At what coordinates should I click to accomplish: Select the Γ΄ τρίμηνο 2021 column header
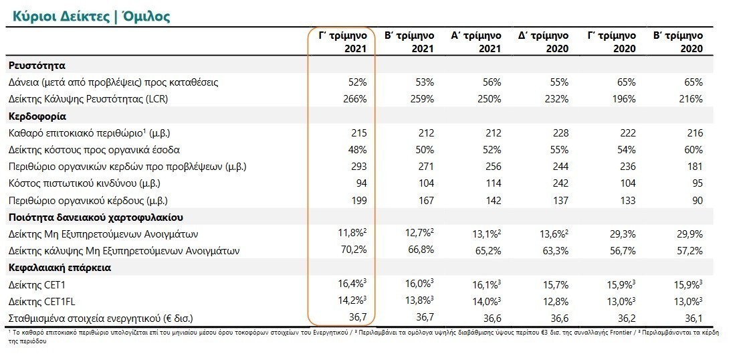pyautogui.click(x=344, y=42)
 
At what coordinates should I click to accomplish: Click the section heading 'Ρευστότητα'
pyautogui.click(x=37, y=66)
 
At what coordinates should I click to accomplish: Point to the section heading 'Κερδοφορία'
pyautogui.click(x=37, y=116)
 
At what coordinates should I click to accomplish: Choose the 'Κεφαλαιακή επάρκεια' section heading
pyautogui.click(x=60, y=268)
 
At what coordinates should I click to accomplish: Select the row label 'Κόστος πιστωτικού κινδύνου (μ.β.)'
pyautogui.click(x=84, y=183)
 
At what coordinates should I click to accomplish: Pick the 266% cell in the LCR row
pyautogui.click(x=356, y=99)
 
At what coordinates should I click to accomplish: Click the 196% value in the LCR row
pyautogui.click(x=624, y=99)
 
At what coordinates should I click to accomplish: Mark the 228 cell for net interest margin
pyautogui.click(x=560, y=133)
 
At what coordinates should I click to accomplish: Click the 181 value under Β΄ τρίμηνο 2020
pyautogui.click(x=695, y=167)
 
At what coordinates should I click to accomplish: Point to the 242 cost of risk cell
pyautogui.click(x=560, y=183)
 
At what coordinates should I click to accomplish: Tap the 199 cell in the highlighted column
pyautogui.click(x=358, y=201)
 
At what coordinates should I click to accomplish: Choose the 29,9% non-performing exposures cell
pyautogui.click(x=689, y=234)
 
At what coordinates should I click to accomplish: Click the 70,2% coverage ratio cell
pyautogui.click(x=354, y=251)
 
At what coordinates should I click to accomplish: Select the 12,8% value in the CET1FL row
pyautogui.click(x=555, y=301)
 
